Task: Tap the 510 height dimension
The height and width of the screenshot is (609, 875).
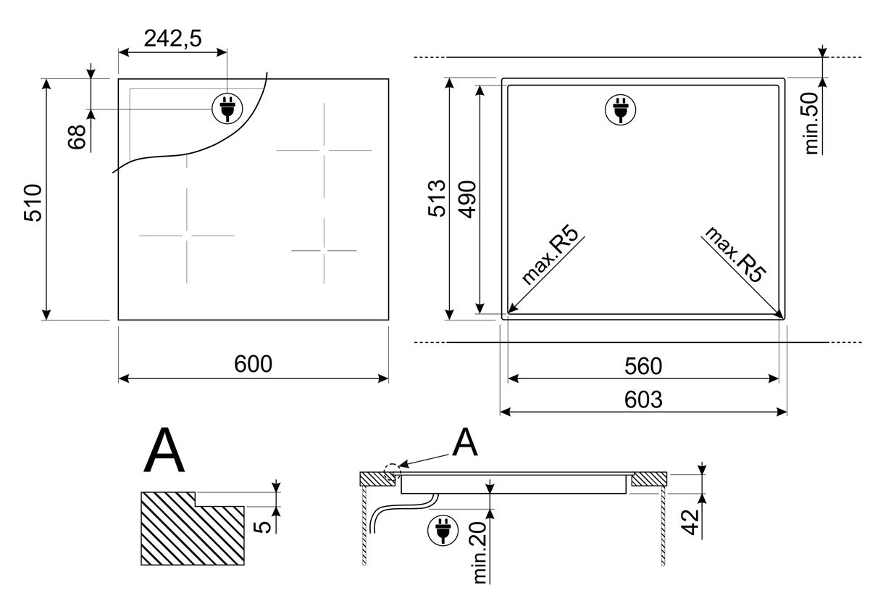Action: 34,204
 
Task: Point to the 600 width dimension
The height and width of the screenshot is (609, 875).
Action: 253,364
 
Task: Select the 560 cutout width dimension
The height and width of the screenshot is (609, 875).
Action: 643,367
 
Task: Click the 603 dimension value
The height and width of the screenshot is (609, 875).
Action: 643,399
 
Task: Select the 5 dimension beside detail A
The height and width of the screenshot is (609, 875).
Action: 266,523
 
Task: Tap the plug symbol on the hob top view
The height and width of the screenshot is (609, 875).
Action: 226,109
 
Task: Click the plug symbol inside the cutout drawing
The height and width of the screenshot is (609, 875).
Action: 620,109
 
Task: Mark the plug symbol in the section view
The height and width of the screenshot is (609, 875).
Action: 441,531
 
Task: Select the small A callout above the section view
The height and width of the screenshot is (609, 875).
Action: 464,444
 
